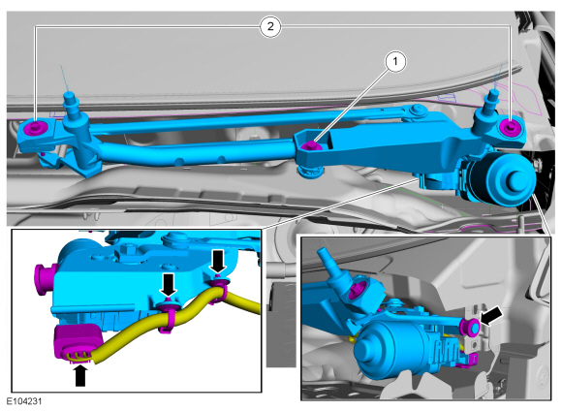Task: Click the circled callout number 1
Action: click(395, 62)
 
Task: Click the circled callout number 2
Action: click(270, 26)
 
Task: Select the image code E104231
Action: click(24, 400)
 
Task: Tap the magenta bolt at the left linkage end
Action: click(36, 126)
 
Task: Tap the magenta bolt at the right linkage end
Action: click(510, 126)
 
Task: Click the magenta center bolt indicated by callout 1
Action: click(310, 145)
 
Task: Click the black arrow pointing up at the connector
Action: click(80, 375)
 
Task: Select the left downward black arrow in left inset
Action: click(169, 285)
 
